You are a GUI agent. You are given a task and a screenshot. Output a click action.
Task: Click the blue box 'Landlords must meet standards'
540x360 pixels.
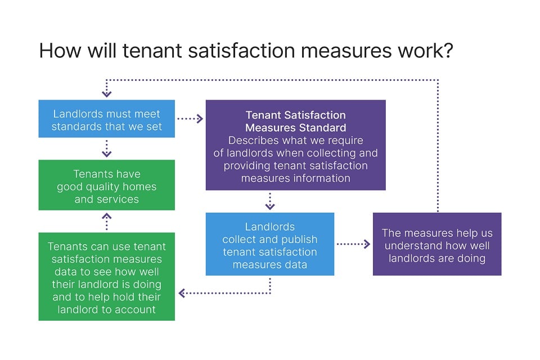[x=106, y=119]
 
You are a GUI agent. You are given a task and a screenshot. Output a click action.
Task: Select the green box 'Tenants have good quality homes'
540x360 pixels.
[x=106, y=185]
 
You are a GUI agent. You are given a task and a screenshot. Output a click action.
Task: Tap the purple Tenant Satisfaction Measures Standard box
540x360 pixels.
[x=295, y=145]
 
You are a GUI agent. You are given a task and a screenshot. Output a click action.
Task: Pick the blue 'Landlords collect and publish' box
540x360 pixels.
[x=269, y=244]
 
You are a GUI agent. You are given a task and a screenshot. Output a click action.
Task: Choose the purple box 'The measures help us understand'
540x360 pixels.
[x=436, y=244]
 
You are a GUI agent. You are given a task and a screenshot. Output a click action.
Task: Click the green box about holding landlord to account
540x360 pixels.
[x=106, y=277]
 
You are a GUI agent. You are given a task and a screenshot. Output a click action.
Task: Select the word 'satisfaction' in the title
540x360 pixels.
[x=230, y=51]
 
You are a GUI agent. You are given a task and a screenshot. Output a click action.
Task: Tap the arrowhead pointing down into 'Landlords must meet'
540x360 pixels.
[x=107, y=93]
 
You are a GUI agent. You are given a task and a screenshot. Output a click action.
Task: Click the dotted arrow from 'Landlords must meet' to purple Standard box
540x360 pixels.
[x=190, y=119]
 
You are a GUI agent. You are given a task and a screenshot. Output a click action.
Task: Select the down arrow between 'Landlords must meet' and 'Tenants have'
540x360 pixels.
[x=107, y=148]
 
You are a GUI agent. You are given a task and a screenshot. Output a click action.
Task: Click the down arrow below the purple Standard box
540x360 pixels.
[x=270, y=201]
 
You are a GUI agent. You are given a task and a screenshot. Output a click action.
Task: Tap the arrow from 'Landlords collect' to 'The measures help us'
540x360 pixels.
[x=353, y=244]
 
